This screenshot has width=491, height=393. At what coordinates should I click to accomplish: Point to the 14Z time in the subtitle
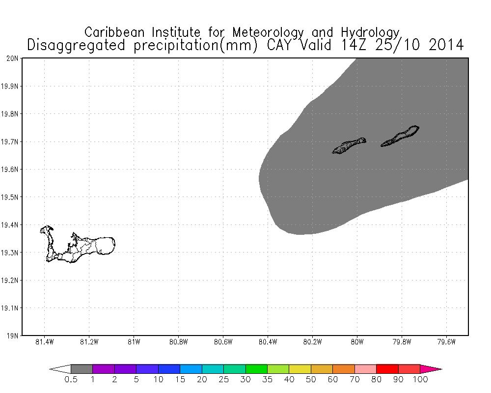(348, 45)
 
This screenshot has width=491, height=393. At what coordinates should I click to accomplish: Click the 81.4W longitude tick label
(45, 342)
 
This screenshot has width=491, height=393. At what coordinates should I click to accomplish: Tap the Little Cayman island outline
(349, 145)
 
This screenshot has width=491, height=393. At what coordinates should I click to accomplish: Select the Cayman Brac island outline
(400, 136)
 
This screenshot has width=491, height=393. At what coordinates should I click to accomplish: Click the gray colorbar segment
(82, 369)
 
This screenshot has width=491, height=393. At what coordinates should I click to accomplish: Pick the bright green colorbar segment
(256, 369)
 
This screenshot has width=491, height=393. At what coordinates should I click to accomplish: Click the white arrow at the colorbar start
(60, 369)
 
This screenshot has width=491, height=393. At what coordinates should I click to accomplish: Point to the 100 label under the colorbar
(420, 379)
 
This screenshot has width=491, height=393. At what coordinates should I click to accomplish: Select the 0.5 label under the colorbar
(71, 379)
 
